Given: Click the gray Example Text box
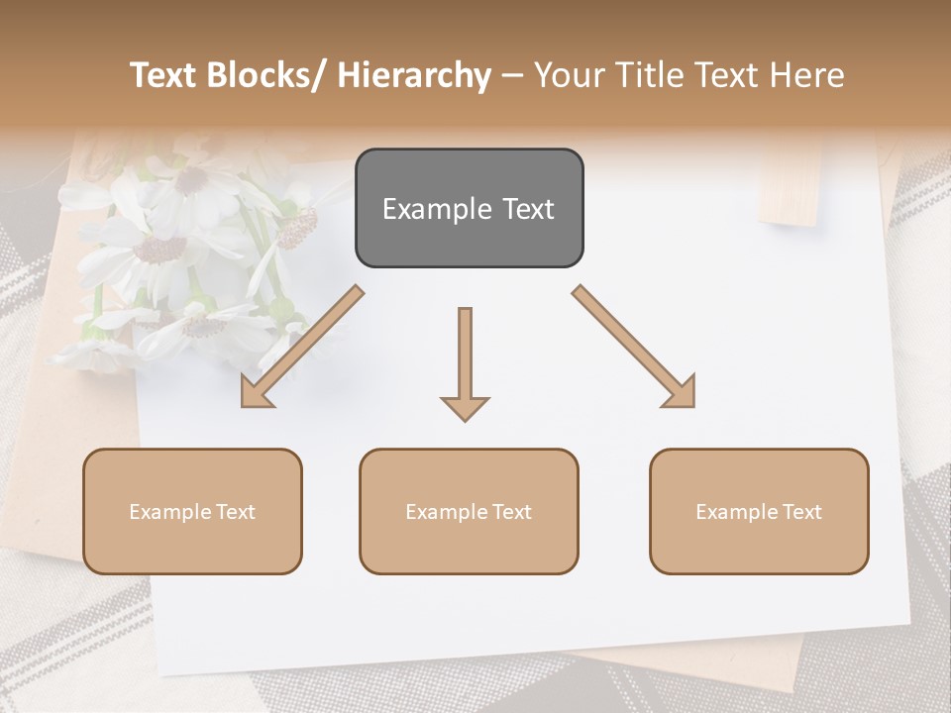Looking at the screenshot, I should click(x=469, y=208).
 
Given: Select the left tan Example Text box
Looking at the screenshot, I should click(x=192, y=511).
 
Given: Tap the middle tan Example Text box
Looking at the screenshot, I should click(x=469, y=511).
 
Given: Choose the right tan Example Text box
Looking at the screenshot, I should click(x=759, y=511).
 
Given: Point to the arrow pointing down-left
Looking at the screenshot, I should click(x=302, y=347).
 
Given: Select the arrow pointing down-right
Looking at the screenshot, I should click(x=634, y=347).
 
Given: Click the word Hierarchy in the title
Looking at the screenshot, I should click(x=413, y=75).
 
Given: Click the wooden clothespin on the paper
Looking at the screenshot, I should click(x=791, y=188).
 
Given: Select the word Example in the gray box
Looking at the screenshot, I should click(x=437, y=209).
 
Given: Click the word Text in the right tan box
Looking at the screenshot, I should click(x=801, y=511).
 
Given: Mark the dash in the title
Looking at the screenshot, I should click(x=512, y=75).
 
